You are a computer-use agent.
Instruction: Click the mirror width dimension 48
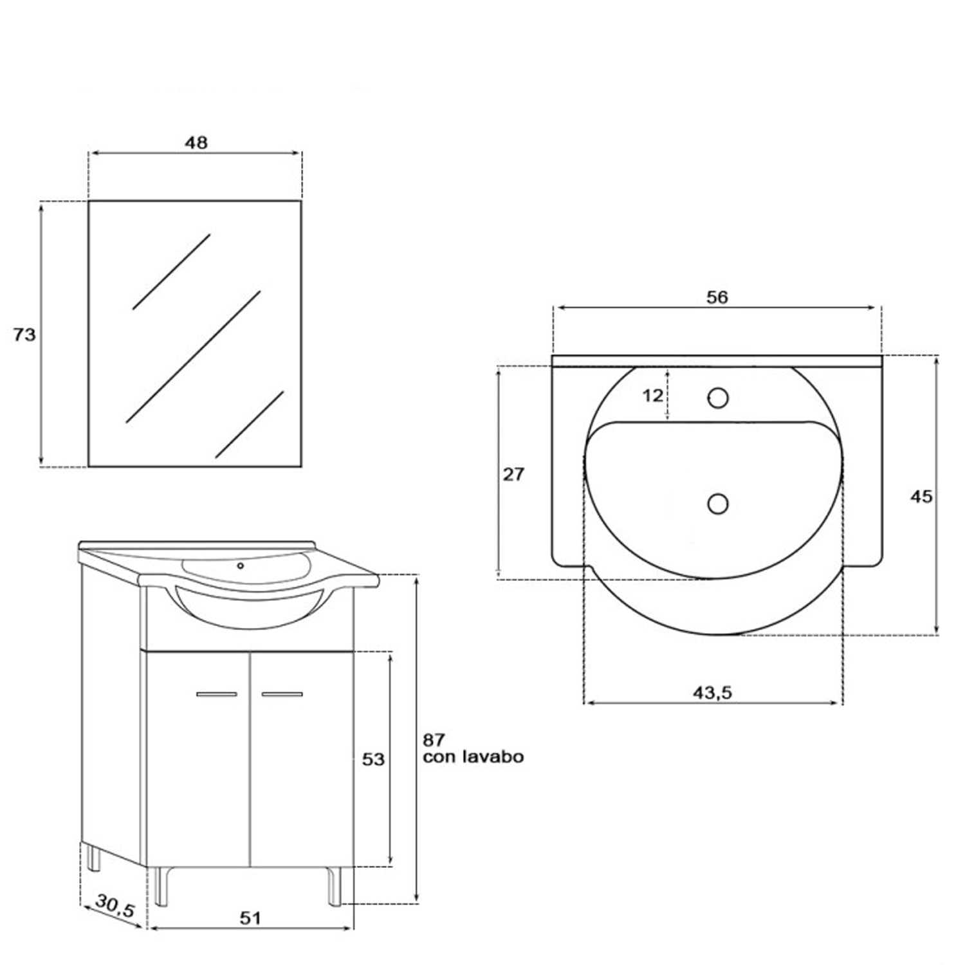[x=196, y=142]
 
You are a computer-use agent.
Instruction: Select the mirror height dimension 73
[x=24, y=335]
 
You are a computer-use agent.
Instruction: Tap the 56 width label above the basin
[x=717, y=297]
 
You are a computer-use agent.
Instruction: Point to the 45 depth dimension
[x=921, y=496]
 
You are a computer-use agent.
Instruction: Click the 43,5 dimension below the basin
[x=713, y=692]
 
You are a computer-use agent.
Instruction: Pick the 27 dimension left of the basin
[x=513, y=475]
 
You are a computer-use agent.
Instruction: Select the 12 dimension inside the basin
[x=652, y=396]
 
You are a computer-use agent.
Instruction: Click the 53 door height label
[x=373, y=759]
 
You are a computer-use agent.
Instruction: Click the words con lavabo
[x=473, y=757]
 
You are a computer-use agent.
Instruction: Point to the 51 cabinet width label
[x=250, y=918]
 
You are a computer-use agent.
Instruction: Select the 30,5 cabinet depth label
[x=115, y=906]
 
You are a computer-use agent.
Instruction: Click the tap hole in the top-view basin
[x=718, y=398]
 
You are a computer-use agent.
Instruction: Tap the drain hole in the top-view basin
[x=718, y=503]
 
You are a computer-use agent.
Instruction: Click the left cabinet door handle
[x=217, y=694]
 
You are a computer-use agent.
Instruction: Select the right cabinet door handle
[x=282, y=694]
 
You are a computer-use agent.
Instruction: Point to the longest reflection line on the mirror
[x=193, y=356]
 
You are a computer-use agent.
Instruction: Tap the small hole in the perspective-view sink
[x=241, y=565]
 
